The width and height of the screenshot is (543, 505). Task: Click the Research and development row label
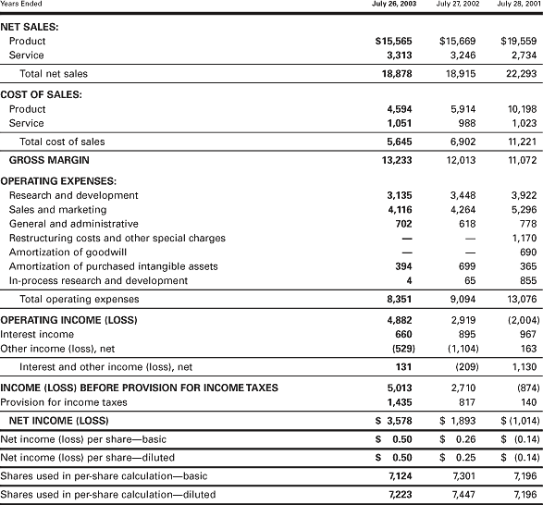pyautogui.click(x=73, y=195)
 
